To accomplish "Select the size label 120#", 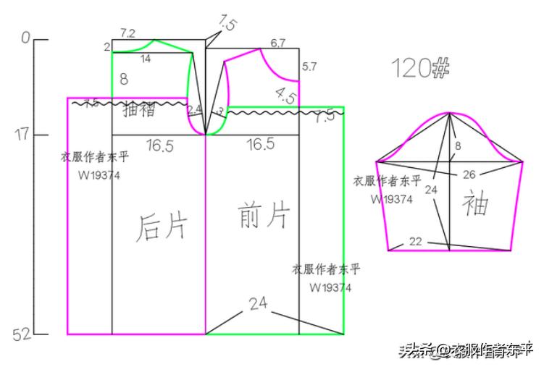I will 421,67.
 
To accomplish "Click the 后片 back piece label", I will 162,227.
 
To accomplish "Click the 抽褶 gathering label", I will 139,110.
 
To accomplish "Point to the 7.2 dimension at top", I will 127,33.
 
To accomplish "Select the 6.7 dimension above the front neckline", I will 278,43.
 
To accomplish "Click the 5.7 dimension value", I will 309,67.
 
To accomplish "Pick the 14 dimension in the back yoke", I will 146,59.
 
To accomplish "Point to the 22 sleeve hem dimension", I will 415,242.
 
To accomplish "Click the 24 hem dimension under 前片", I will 259,304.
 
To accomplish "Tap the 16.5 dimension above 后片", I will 159,145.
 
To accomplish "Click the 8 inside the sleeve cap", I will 457,146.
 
